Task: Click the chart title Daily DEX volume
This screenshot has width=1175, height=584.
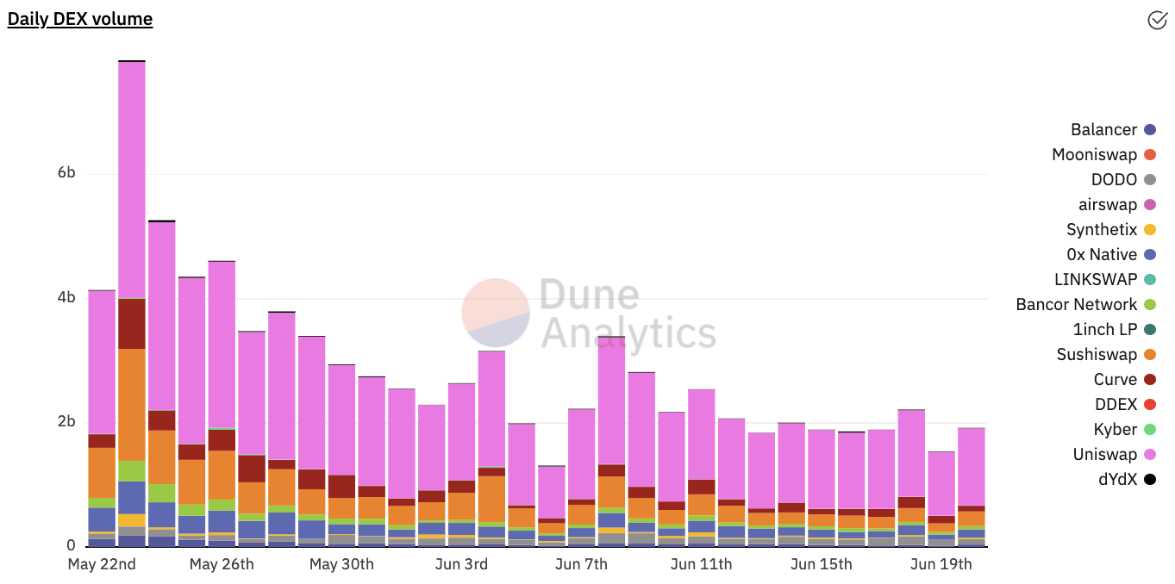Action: point(79,19)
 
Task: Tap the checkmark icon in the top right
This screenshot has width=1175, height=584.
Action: point(1157,20)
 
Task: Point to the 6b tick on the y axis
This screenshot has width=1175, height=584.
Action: point(66,172)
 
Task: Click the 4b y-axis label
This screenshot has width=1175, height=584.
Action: point(66,297)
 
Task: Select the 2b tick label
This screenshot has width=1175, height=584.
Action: point(66,421)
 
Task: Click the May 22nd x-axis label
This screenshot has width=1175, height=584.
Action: point(102,564)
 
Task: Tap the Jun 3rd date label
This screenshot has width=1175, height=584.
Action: point(461,564)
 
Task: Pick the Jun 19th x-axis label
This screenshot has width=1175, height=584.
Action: point(941,564)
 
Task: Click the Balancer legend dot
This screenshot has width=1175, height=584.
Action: point(1150,129)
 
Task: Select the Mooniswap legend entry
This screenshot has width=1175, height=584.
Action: point(1104,155)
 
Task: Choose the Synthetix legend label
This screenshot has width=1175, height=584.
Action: point(1102,230)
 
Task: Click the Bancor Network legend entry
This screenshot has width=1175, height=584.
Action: point(1086,305)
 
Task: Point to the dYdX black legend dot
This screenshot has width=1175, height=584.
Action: point(1150,479)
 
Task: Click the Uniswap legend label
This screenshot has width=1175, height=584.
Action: point(1104,454)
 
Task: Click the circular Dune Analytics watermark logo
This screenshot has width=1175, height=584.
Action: point(495,313)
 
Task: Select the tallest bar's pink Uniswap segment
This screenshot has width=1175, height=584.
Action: point(132,180)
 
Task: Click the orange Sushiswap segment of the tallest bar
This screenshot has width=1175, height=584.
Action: point(132,405)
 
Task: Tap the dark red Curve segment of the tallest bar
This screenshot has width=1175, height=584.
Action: point(132,324)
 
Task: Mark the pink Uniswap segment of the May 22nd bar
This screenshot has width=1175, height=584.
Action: point(102,363)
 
